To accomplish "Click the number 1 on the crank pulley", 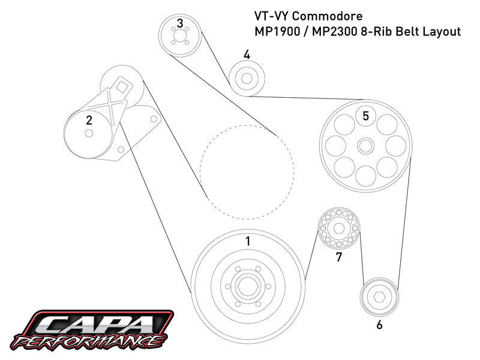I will tap(247, 242).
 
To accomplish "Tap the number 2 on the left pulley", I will tap(89, 120).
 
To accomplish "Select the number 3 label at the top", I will tap(180, 24).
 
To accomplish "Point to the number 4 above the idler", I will tap(247, 55).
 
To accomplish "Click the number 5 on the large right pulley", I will tap(365, 116).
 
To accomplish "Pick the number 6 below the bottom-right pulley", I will tap(379, 326).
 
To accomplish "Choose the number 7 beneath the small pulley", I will tap(339, 257).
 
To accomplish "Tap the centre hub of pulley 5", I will tap(365, 145).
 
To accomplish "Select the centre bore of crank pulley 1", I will tap(247, 291).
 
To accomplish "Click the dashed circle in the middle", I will tap(247, 171).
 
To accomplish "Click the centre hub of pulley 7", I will tap(338, 229).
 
